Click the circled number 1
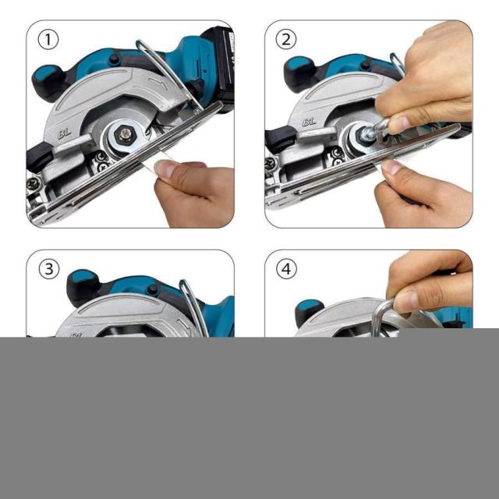click(48, 40)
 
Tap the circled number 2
click(286, 40)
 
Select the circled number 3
click(48, 268)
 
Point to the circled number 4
click(286, 268)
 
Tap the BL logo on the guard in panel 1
click(64, 134)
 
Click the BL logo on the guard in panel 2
click(309, 122)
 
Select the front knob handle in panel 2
click(299, 73)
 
